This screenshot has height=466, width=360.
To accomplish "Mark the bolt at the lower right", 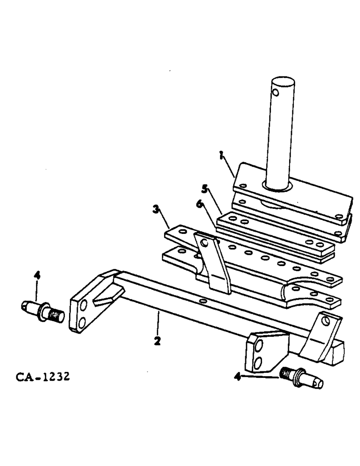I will pyautogui.click(x=302, y=378).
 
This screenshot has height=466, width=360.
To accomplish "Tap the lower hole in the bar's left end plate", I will pyautogui.click(x=83, y=322).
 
